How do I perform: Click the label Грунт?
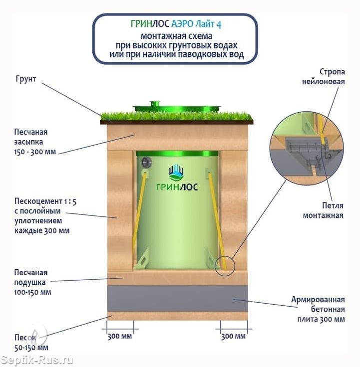coord(26,79)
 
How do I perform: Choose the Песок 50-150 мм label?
coord(31,342)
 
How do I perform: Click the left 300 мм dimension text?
coord(120,336)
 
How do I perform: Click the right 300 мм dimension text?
coord(233,336)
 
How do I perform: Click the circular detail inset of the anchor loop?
coord(307,149)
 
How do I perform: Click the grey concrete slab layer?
coord(177,298)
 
